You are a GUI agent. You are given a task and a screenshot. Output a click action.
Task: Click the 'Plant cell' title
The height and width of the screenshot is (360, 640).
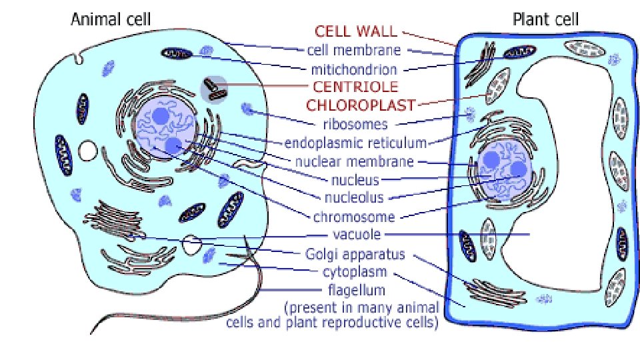click(x=546, y=19)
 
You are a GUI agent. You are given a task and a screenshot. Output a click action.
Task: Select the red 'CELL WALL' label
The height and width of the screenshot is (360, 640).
click(x=356, y=31)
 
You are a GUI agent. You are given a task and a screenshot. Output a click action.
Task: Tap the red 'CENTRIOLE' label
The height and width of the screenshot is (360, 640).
click(x=355, y=86)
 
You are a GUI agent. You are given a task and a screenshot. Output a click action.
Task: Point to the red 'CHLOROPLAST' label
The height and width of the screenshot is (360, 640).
click(x=361, y=105)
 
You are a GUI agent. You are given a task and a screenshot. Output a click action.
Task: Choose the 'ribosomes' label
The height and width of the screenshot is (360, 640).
click(x=355, y=123)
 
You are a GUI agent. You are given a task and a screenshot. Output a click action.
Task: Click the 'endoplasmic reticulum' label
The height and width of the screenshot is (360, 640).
click(x=355, y=142)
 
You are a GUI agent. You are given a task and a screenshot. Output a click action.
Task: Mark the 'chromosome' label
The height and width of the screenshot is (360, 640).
click(x=354, y=216)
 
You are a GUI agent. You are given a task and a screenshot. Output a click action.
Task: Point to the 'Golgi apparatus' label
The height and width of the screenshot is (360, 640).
click(x=355, y=253)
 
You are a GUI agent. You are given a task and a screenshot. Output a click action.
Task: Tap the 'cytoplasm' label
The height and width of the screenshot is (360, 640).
click(x=355, y=272)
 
